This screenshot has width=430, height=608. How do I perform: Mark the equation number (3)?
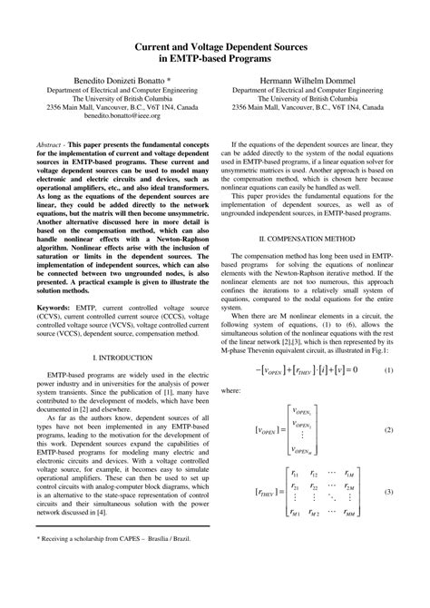point(388,491)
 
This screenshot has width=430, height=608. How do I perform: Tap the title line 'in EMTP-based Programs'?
point(215,58)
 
